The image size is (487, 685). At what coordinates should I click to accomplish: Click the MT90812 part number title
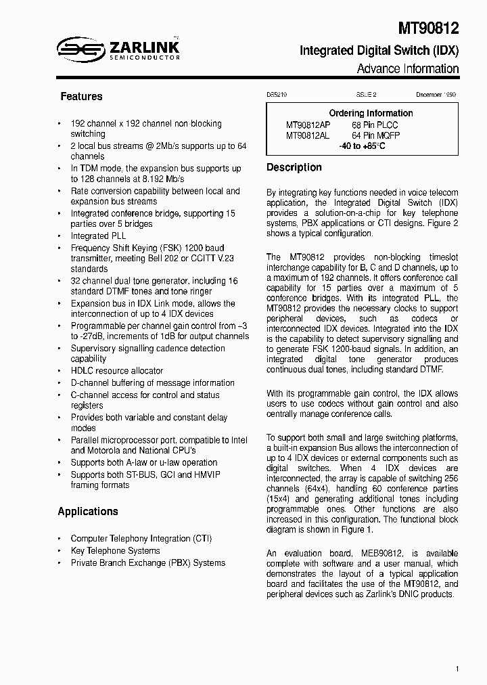point(427,28)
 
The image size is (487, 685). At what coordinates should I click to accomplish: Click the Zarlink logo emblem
point(78,48)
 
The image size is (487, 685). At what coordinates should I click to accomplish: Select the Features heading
point(81,97)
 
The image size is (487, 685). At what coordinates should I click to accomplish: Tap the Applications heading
point(88,512)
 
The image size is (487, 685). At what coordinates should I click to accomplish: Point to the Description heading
point(294,167)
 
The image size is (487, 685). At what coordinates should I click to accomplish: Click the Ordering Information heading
point(371,113)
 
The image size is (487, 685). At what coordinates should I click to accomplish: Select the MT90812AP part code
point(308,125)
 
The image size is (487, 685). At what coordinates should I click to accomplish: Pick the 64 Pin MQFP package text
point(375,135)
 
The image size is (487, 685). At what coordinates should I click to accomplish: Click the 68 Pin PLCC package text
point(375,125)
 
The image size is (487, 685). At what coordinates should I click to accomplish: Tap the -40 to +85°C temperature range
point(362,146)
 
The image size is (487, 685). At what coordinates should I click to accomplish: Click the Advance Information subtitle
point(408,69)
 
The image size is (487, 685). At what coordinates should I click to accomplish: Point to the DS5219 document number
point(277,96)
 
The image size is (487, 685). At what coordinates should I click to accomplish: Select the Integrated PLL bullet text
point(99,236)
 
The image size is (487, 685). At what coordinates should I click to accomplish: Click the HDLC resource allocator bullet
point(117,371)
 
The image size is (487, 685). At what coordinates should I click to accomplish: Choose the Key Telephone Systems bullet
point(116,551)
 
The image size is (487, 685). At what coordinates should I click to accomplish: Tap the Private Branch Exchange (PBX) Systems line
point(148,563)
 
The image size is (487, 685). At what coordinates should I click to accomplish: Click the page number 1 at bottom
point(457,669)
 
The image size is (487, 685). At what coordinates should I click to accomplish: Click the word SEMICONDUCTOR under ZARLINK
point(145,58)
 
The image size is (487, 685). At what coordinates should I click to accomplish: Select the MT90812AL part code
point(308,135)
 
